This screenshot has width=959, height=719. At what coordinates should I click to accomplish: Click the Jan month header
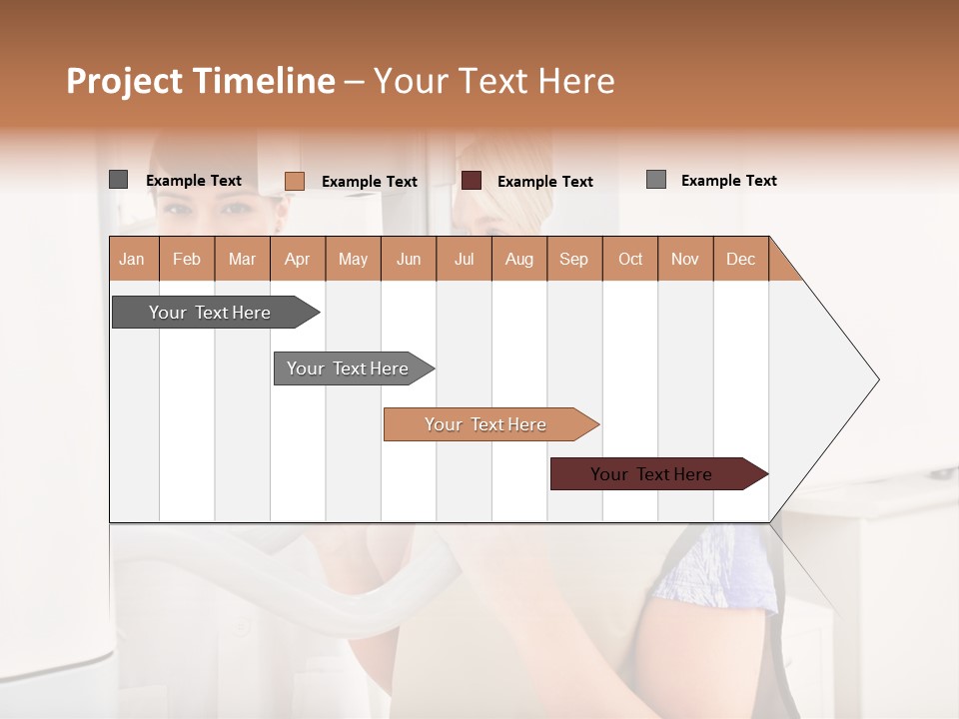[x=133, y=259]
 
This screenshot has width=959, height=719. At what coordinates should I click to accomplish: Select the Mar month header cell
[x=242, y=259]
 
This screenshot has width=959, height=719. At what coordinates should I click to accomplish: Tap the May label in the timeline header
[x=353, y=259]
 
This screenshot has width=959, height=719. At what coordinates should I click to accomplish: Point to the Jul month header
[x=464, y=259]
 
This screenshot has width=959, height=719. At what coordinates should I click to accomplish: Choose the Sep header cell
[x=573, y=259]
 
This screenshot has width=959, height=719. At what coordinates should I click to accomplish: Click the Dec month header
[x=740, y=259]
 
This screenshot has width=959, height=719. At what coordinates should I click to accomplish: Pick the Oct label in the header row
[x=630, y=259]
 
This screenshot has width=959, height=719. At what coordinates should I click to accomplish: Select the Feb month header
[x=187, y=259]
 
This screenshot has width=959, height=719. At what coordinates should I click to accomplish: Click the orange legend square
[x=295, y=181]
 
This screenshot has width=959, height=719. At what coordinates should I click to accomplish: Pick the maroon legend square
[x=472, y=181]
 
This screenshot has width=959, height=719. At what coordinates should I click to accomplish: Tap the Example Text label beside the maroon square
[x=545, y=182]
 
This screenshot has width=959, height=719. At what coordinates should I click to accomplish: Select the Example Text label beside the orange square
[x=370, y=182]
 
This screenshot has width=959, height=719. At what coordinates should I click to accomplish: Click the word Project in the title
[x=125, y=81]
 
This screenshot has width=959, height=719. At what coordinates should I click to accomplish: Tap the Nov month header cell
[x=685, y=259]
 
